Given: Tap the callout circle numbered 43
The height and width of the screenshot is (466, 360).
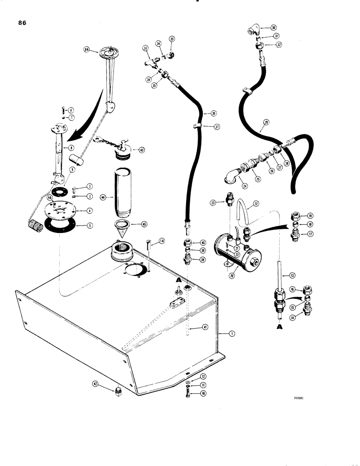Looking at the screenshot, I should pos(140,150).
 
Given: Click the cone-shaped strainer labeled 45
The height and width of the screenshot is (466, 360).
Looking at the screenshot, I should pos(123,227).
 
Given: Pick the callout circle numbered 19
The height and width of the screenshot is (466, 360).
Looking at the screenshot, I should pos(310,216).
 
